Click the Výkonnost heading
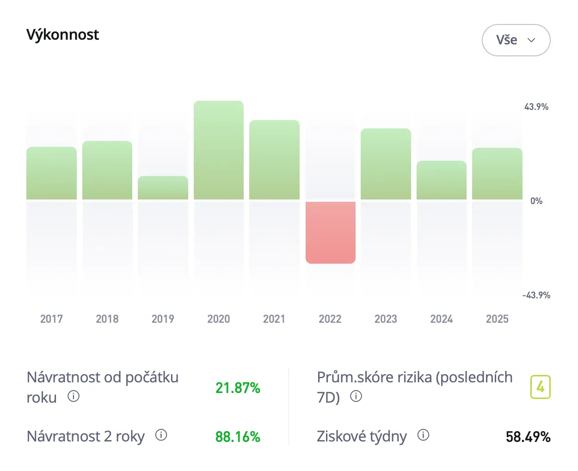pos(62,35)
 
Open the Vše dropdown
pos(516,40)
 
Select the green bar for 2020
pos(219,150)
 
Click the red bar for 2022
pos(330,232)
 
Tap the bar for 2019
pos(163,188)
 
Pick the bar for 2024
pos(441,180)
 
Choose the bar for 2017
pos(51,173)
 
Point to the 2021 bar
pos(274,160)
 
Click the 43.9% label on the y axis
pos(536,107)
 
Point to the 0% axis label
pos(536,201)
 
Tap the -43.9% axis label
pos(536,295)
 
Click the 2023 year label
pos(386,319)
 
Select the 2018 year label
pos(107,319)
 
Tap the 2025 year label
pos(497,319)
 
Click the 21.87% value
pos(238,388)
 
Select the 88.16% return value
pos(238,436)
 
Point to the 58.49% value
pos(528,436)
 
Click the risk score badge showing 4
pos(540,387)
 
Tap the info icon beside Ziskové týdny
pos(423,435)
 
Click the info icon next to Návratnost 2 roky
pos(161,435)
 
